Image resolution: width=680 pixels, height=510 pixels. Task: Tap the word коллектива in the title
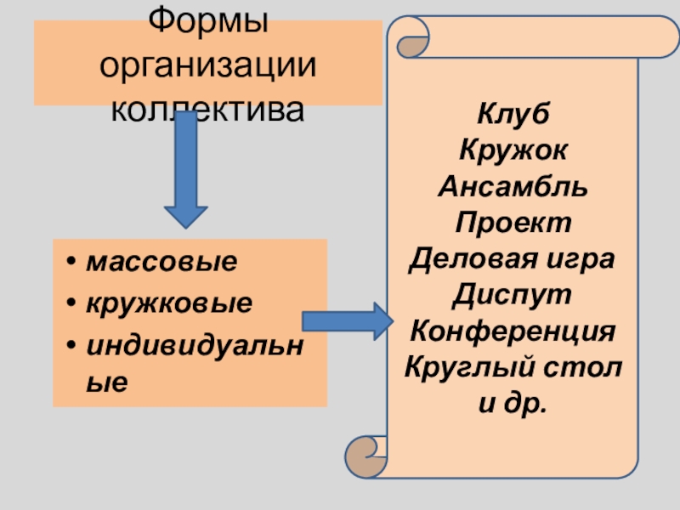pyautogui.click(x=207, y=108)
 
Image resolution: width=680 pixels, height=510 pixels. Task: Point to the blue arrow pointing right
pyautogui.click(x=344, y=320)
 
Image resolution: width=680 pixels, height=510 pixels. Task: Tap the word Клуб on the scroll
pyautogui.click(x=513, y=116)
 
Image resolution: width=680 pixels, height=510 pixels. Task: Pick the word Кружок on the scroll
pyautogui.click(x=513, y=152)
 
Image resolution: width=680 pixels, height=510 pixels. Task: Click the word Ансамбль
pyautogui.click(x=513, y=188)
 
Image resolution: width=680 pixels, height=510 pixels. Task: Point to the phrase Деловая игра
pyautogui.click(x=513, y=258)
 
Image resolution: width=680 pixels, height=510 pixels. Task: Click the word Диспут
pyautogui.click(x=513, y=294)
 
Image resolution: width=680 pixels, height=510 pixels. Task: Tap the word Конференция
pyautogui.click(x=513, y=330)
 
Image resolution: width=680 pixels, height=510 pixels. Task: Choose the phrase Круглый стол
pyautogui.click(x=513, y=366)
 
